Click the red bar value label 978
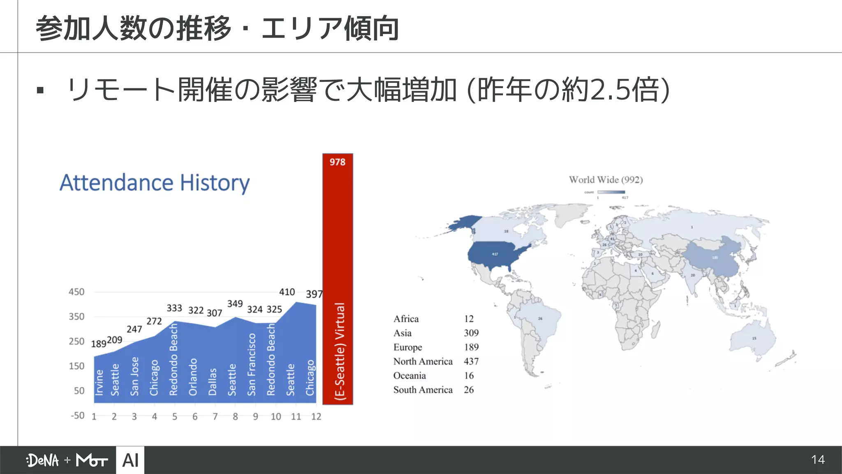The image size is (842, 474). (x=337, y=162)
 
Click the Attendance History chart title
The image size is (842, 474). (x=155, y=183)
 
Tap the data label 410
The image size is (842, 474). (x=287, y=292)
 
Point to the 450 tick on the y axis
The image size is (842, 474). (x=76, y=292)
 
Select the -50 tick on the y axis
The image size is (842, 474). (x=77, y=416)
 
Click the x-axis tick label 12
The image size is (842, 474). (x=316, y=417)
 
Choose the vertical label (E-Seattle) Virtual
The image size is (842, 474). (x=340, y=351)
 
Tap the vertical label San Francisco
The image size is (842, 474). (x=252, y=365)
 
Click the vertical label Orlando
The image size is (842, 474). (x=193, y=377)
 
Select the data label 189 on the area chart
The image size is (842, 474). (x=98, y=344)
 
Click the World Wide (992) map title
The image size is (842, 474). (x=606, y=180)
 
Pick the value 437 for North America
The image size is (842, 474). (x=471, y=361)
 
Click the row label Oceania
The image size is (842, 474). (x=409, y=376)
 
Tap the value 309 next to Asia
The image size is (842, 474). (x=471, y=333)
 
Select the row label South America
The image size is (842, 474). (x=423, y=390)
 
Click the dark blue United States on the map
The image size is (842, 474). (x=495, y=255)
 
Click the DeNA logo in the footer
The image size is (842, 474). (x=43, y=460)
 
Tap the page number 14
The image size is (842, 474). (x=818, y=460)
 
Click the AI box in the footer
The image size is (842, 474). (x=130, y=460)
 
